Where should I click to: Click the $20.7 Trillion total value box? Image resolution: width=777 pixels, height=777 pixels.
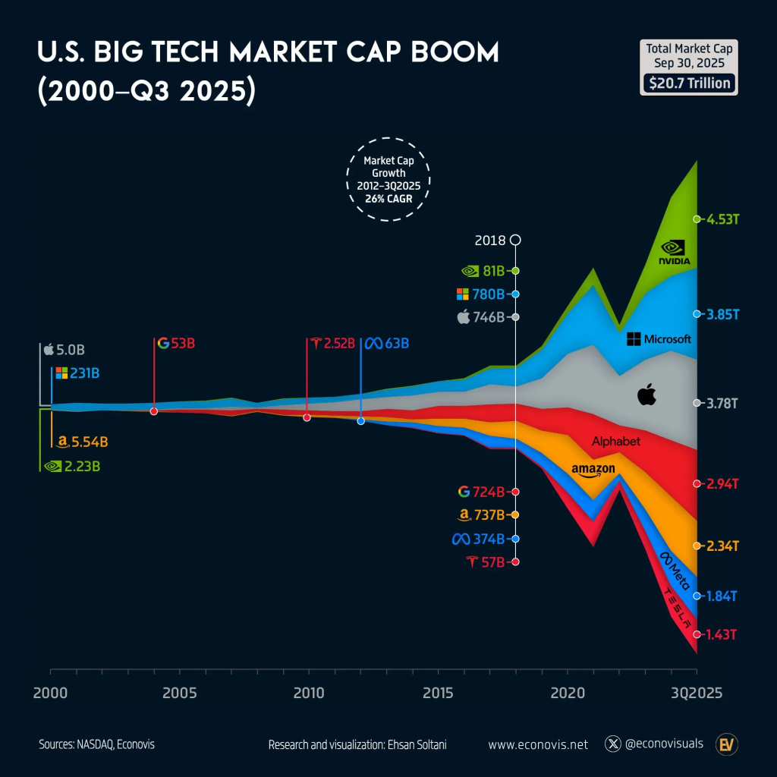(x=688, y=82)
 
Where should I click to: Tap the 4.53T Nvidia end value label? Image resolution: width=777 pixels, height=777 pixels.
(x=721, y=219)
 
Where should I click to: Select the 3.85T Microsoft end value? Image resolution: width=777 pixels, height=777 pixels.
(x=721, y=314)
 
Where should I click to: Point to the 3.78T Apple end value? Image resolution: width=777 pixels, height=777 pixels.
(x=721, y=403)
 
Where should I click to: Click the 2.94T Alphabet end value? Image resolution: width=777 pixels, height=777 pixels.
(x=721, y=483)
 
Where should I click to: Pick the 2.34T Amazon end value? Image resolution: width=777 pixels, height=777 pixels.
(x=721, y=546)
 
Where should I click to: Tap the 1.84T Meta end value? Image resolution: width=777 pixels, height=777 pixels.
(x=721, y=596)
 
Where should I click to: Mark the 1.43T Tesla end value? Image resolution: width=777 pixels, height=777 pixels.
(x=721, y=634)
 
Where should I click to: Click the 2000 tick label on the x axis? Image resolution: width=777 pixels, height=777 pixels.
(x=50, y=694)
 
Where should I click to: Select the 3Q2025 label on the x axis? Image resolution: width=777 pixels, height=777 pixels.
(x=696, y=694)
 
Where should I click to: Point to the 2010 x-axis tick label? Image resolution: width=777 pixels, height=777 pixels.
(x=308, y=694)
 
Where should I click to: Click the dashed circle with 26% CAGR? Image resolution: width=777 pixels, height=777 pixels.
(x=388, y=179)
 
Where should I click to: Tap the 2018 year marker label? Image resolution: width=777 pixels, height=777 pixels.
(x=489, y=241)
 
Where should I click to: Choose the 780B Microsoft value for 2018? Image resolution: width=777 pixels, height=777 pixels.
(x=487, y=294)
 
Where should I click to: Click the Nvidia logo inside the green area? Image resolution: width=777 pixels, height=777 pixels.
(x=674, y=252)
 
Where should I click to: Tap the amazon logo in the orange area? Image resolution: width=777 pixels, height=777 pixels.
(x=593, y=470)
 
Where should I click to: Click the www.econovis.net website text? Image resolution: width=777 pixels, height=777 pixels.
(x=538, y=744)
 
